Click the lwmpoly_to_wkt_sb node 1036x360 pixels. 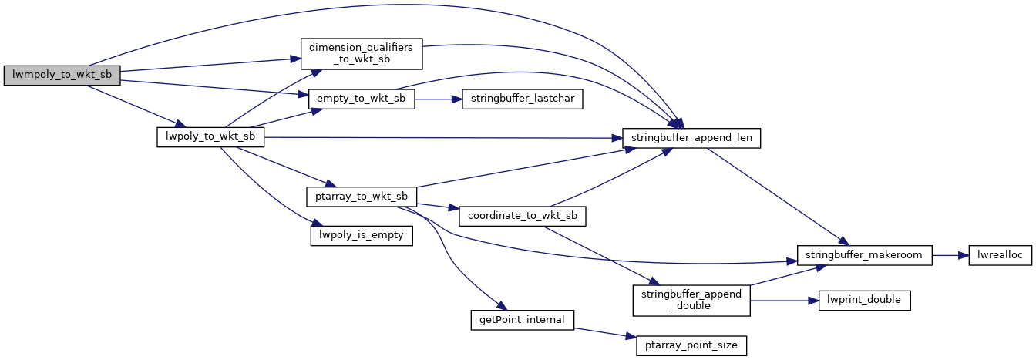(62, 76)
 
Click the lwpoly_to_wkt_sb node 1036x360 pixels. (210, 137)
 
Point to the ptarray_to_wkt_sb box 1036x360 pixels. (362, 196)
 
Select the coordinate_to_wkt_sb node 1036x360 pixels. (522, 216)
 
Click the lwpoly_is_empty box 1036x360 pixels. (362, 235)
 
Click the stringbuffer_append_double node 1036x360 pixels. (691, 300)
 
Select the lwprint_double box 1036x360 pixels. (865, 300)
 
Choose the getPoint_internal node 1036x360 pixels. (522, 319)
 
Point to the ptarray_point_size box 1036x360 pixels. (691, 345)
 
